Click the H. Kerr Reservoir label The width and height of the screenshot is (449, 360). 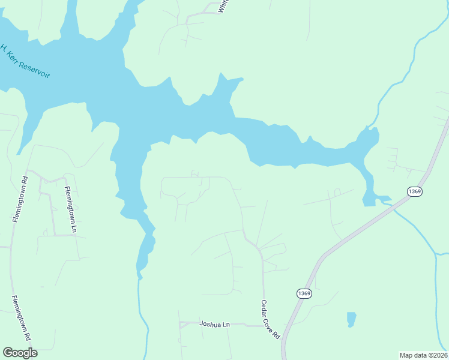click(24, 61)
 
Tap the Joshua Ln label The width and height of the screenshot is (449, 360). click(215, 325)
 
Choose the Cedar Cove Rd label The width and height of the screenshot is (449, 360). click(271, 320)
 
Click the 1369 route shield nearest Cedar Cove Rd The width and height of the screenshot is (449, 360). click(304, 293)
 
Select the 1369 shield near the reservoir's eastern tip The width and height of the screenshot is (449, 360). click(414, 191)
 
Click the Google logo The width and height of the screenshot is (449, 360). click(20, 352)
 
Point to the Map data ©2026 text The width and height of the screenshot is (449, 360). click(423, 355)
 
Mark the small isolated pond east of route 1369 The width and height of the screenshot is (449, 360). click(351, 318)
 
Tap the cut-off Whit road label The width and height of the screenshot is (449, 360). click(223, 6)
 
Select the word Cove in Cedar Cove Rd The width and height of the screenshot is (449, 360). click(271, 321)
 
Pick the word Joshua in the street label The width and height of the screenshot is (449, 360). click(210, 325)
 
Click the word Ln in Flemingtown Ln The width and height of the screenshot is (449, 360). click(74, 229)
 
